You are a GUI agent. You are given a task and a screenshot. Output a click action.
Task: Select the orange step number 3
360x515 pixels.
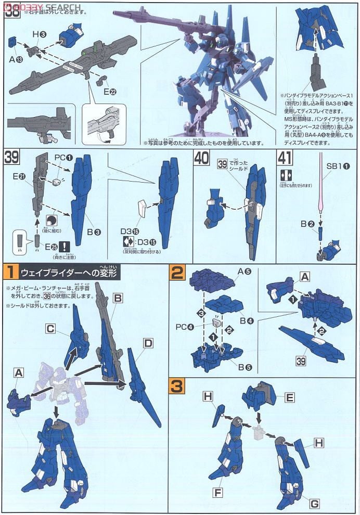[177, 387]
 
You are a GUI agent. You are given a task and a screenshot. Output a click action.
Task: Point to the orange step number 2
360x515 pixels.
[177, 272]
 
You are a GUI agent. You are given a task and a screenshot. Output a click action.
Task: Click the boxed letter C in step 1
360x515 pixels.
[50, 329]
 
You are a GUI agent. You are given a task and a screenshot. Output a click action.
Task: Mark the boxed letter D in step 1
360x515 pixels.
[148, 343]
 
